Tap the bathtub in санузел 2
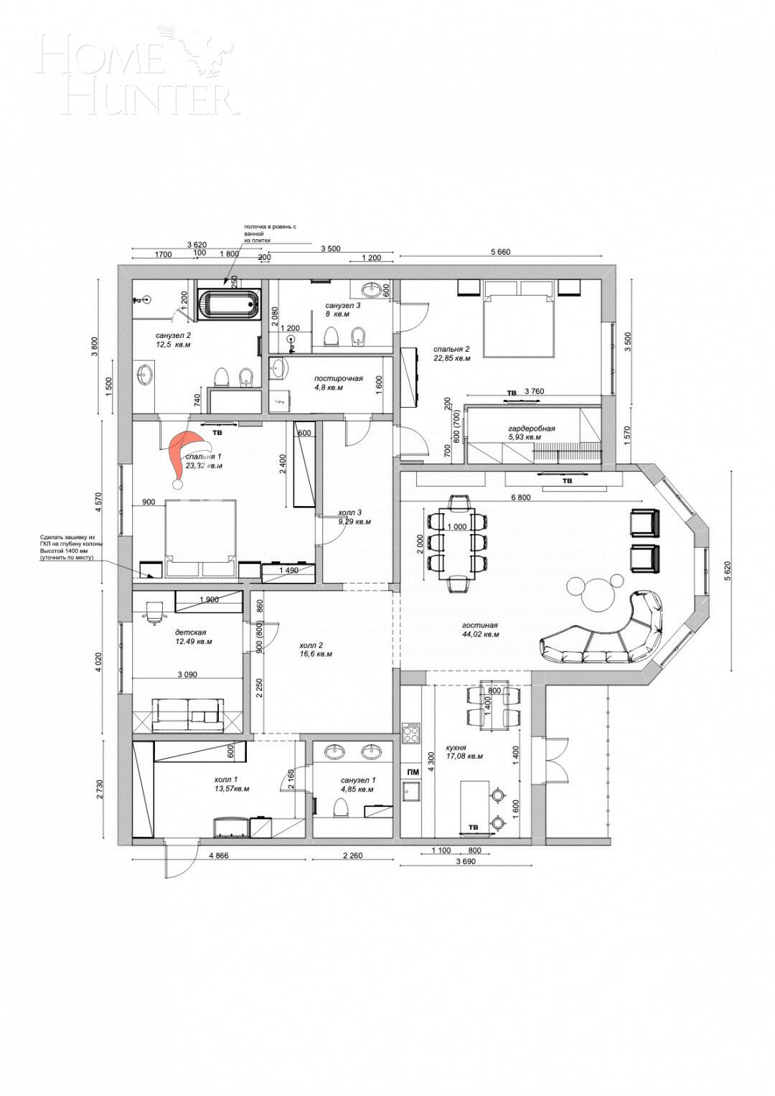(229, 304)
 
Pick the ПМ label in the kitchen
(413, 772)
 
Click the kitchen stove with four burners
(412, 733)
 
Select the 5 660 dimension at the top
(500, 252)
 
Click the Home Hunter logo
(136, 72)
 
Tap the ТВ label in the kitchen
(473, 828)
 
